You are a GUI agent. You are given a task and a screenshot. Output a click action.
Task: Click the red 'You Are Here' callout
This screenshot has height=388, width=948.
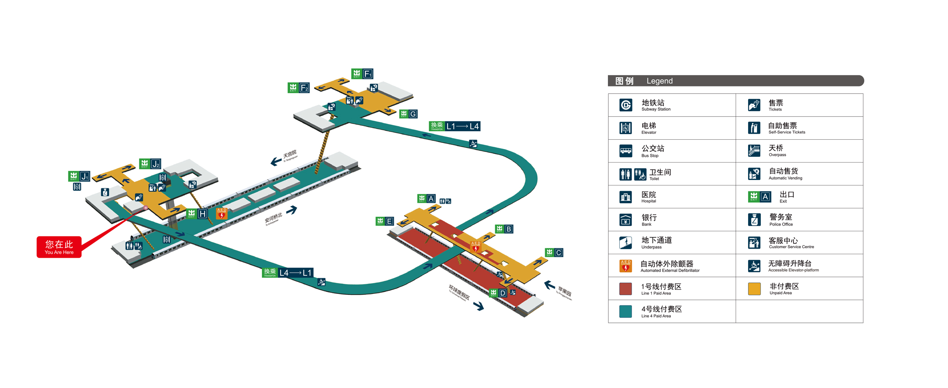[x=59, y=247]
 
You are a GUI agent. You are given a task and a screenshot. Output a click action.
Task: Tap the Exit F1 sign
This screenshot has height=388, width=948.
[x=362, y=74]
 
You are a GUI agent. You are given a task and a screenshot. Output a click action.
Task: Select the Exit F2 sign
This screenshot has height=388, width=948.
[x=298, y=88]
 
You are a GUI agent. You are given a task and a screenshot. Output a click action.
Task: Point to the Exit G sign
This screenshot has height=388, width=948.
[x=408, y=114]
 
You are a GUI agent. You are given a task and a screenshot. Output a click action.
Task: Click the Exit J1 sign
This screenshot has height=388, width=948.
[x=79, y=176]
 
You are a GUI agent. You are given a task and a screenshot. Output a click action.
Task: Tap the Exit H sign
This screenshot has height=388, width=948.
[x=197, y=214]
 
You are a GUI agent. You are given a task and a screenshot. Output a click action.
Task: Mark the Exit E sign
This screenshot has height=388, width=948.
[x=385, y=221]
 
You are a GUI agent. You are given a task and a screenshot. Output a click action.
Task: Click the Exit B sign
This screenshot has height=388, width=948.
[x=504, y=229]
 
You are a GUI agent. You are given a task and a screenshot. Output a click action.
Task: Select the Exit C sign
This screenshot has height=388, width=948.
[x=554, y=253]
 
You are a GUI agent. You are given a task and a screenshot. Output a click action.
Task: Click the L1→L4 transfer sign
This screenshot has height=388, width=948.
[x=455, y=126]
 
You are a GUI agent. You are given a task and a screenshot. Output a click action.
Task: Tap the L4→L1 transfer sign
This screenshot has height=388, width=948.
[x=288, y=272]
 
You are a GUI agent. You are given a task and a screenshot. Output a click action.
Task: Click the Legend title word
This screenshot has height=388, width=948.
[x=659, y=81]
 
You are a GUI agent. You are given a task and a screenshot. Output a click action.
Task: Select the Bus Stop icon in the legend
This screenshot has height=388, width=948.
[x=626, y=151]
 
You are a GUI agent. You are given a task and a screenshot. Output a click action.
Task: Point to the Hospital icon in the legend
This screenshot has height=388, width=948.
[x=626, y=197]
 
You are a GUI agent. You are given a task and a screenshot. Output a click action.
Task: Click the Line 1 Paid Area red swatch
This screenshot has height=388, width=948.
[x=626, y=289]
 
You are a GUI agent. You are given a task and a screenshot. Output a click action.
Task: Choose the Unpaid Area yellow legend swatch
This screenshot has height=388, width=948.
[x=754, y=289]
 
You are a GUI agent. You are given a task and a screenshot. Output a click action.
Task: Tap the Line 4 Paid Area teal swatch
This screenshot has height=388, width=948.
[x=626, y=311]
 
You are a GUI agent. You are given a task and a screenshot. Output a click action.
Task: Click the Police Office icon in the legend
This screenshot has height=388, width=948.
[x=754, y=219]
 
